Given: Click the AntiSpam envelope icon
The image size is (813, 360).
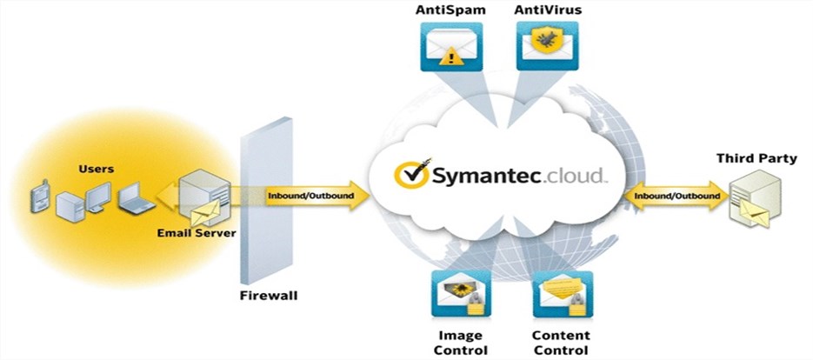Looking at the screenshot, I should pos(450,46).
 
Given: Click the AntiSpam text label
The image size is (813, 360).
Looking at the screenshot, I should pos(450,10).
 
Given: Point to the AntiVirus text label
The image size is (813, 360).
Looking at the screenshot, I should pos(548,10).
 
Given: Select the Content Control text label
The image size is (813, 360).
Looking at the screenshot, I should pos(562,342).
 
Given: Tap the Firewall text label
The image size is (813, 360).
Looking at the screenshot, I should pos(269,296).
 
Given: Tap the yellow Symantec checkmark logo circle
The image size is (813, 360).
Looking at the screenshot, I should pos(410,175).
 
